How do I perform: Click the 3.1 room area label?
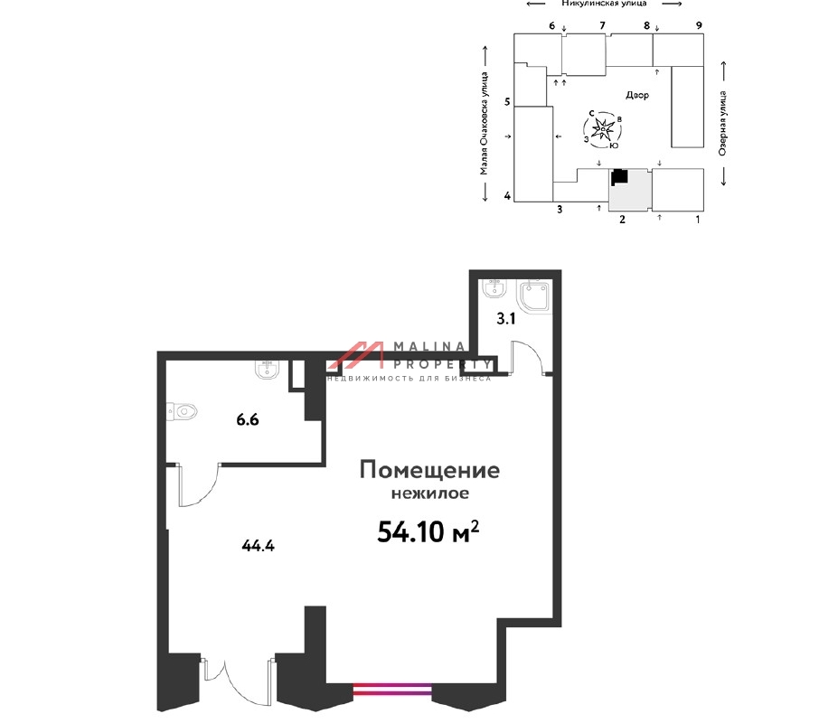[505, 318]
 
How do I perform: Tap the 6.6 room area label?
[248, 419]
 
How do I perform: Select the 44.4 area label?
[258, 546]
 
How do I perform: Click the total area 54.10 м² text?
[428, 532]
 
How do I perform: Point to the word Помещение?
[429, 470]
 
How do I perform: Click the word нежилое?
[430, 493]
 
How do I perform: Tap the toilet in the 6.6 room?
[183, 411]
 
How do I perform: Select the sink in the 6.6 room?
[268, 369]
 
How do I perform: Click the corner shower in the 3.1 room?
[534, 296]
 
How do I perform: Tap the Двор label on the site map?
[637, 95]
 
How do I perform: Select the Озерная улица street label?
[722, 123]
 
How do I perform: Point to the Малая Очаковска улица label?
[485, 123]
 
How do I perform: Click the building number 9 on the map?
[699, 25]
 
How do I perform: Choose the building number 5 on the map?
[506, 102]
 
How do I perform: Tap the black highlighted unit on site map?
[619, 176]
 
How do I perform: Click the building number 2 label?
[622, 220]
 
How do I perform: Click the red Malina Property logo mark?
[356, 355]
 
